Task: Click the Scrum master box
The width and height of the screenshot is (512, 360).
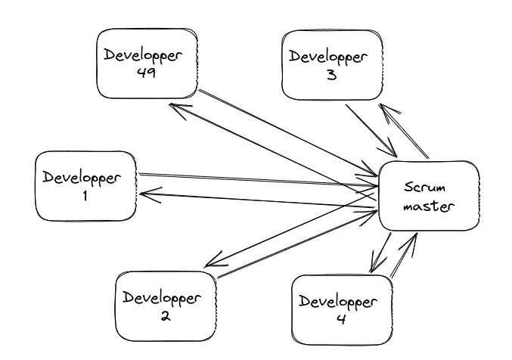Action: [x=428, y=196]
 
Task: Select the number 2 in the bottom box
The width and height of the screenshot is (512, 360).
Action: [x=163, y=316]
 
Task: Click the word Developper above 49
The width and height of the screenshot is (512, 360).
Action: [x=143, y=56]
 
